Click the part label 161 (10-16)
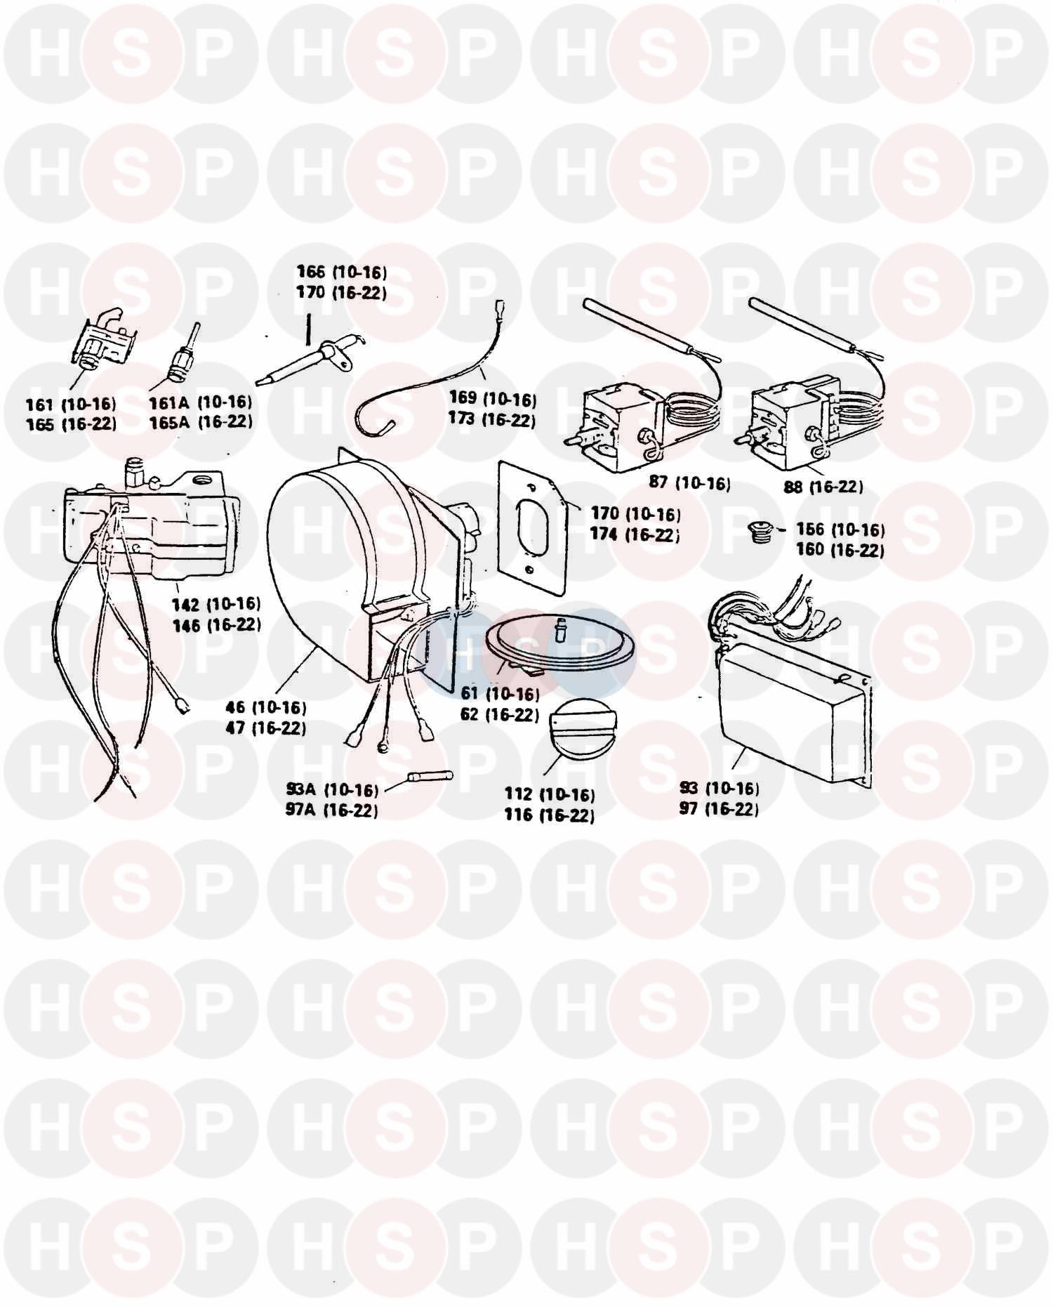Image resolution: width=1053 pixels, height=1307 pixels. [x=71, y=404]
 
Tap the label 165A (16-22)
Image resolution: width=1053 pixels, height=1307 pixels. [x=200, y=421]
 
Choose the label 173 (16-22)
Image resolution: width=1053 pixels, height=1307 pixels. [x=492, y=420]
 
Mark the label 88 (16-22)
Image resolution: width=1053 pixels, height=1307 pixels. [x=823, y=486]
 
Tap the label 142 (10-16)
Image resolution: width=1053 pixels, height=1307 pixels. [x=217, y=604]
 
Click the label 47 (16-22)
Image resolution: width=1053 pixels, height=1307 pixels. [x=266, y=728]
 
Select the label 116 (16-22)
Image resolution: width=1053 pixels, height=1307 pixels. [x=549, y=815]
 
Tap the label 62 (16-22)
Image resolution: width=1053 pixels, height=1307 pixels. [x=499, y=715]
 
